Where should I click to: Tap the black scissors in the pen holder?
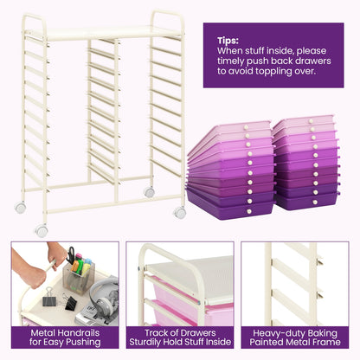click(70, 256)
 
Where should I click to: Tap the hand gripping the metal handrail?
click(33, 274)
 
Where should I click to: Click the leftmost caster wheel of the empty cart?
click(21, 208)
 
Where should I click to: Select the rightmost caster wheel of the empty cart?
click(180, 212)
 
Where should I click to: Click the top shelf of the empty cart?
click(100, 32)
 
